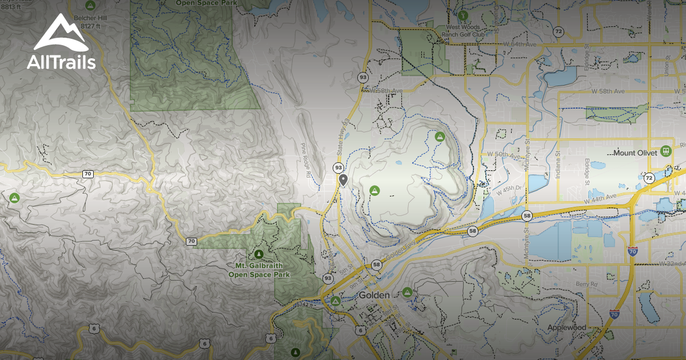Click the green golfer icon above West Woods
tap(464, 14)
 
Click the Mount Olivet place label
tap(636, 153)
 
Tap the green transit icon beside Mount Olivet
tap(666, 151)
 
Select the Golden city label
tap(374, 295)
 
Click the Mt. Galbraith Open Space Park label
tap(259, 270)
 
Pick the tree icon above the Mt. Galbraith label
tap(258, 254)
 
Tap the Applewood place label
tap(567, 327)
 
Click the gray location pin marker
tap(343, 180)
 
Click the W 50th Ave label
tap(502, 155)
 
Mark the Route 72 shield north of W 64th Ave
tap(558, 31)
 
